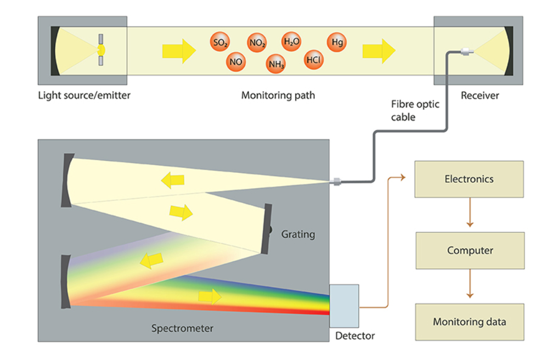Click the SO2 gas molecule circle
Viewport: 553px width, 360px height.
220,42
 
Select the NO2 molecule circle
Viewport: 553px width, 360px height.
257,42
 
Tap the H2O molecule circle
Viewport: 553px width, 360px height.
291,41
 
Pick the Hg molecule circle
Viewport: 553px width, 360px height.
337,42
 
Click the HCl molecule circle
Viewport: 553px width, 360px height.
313,59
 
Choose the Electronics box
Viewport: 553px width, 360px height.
469,179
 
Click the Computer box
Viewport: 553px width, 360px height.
470,250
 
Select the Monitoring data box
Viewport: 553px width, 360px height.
469,322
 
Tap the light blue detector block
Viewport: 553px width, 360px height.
344,306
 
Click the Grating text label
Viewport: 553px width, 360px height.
298,234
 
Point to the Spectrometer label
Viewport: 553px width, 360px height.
182,329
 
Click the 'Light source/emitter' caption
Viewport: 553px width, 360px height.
84,95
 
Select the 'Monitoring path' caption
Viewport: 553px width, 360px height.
278,95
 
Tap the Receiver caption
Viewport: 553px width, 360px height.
479,95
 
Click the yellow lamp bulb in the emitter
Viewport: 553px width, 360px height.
101,50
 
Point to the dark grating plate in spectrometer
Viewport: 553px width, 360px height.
267,229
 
